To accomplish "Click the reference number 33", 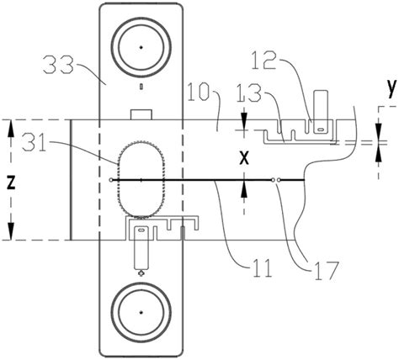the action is tap(58, 65).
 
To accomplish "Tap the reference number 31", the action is tap(35, 142).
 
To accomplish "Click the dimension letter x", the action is tap(244, 159).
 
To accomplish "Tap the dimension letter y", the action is tap(392, 88).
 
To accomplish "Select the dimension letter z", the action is tap(11, 183).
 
